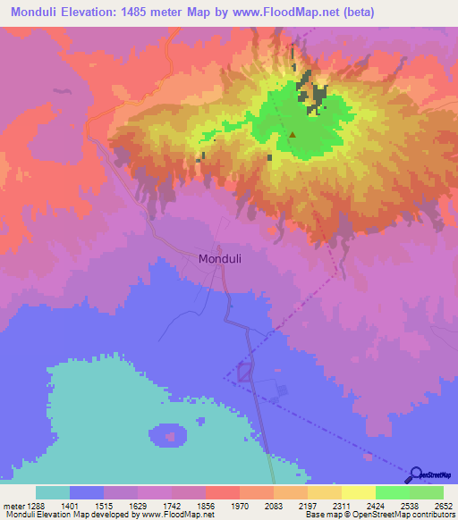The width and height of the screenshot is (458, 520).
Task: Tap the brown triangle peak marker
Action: click(x=292, y=136)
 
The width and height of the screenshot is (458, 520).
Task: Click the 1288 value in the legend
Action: click(x=35, y=505)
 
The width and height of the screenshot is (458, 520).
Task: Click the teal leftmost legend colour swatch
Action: click(x=53, y=492)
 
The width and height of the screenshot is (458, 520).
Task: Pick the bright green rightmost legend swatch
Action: click(x=427, y=492)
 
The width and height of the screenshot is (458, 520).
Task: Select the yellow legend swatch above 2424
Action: click(x=359, y=492)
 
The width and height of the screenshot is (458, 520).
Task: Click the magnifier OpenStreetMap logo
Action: click(x=416, y=476)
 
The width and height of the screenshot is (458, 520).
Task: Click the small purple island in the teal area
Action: click(x=167, y=436)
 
